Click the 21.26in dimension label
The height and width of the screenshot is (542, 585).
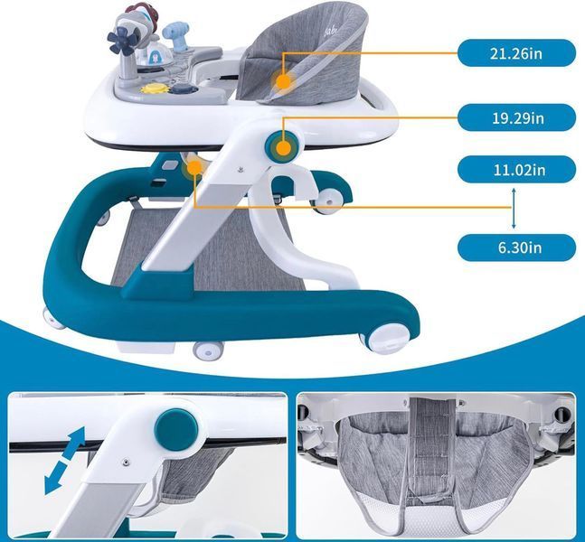pos(516,53)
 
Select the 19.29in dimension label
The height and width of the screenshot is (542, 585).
pos(516,117)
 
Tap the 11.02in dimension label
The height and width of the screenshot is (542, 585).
pos(516,170)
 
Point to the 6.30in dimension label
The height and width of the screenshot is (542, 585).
pos(516,248)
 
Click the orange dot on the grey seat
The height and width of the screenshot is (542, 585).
pos(284,81)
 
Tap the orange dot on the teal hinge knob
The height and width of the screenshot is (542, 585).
pos(284,148)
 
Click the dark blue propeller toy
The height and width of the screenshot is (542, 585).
pos(121,41)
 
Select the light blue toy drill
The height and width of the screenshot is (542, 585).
pos(175,36)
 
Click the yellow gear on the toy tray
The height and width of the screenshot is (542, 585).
pos(150,89)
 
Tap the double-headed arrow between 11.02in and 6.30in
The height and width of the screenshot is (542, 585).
pos(514,209)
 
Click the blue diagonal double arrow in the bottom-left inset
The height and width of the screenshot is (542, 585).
pos(64,461)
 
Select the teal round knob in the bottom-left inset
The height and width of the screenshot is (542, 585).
pos(176,430)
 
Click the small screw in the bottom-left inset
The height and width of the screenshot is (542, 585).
pos(126,462)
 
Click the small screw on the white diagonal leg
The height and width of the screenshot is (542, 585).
pos(240,170)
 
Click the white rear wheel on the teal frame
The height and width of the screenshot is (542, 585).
pos(329,201)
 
